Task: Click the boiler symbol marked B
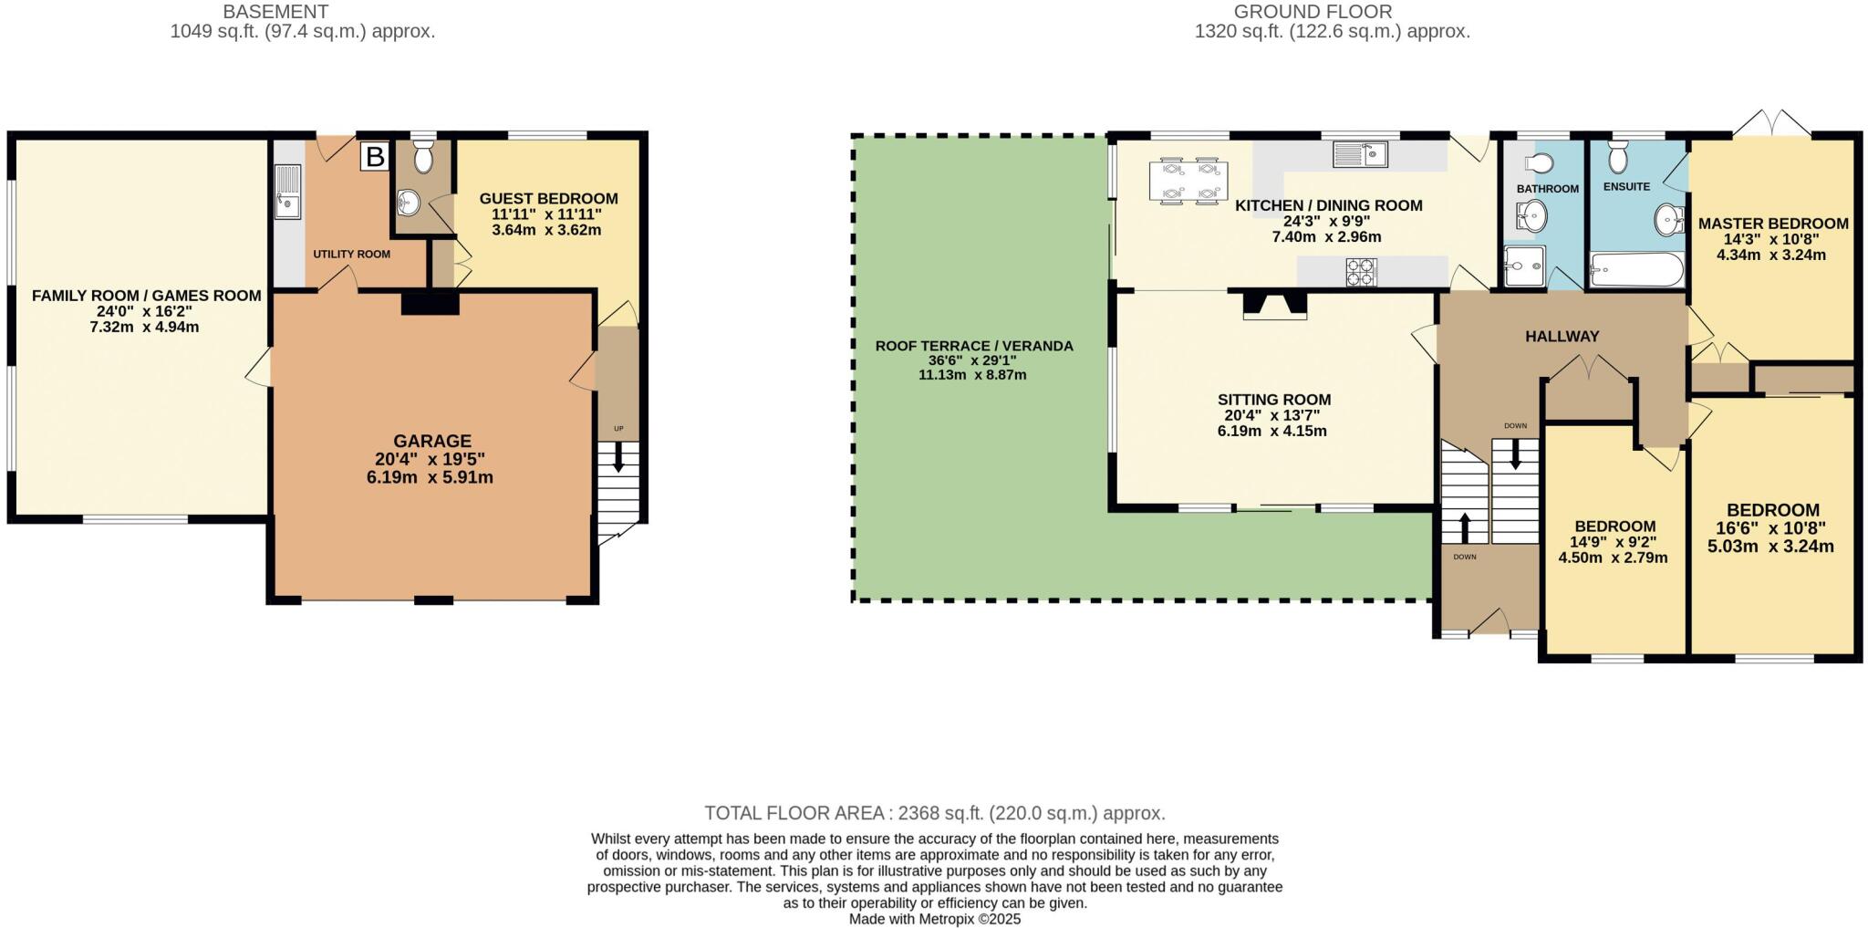coord(374,156)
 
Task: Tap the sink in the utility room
coord(288,192)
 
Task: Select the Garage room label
coord(432,441)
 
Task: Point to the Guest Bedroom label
coord(548,199)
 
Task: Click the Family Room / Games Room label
coord(146,296)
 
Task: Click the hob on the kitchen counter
coord(1361,271)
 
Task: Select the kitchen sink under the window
coord(1360,155)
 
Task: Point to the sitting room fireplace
coord(1275,306)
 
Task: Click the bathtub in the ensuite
coord(1636,270)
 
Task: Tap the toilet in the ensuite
coord(1618,159)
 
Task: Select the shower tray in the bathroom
coord(1524,266)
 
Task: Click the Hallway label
coord(1562,337)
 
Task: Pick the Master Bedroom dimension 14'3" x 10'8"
coord(1771,239)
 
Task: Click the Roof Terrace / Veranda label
coord(974,346)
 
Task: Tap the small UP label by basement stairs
coord(618,429)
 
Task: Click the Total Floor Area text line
coord(934,813)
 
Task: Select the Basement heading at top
coord(275,12)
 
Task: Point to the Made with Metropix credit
coord(934,919)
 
